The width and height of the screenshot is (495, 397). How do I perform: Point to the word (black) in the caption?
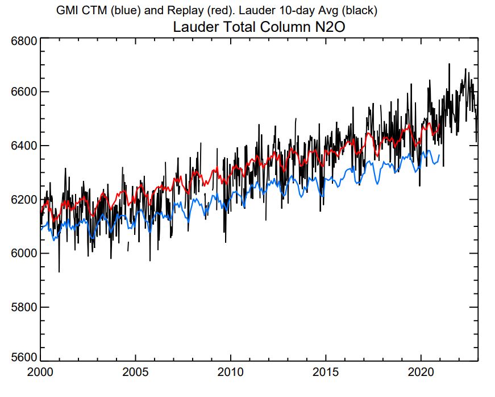(360, 10)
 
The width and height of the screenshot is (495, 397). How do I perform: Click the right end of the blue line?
(439, 155)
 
